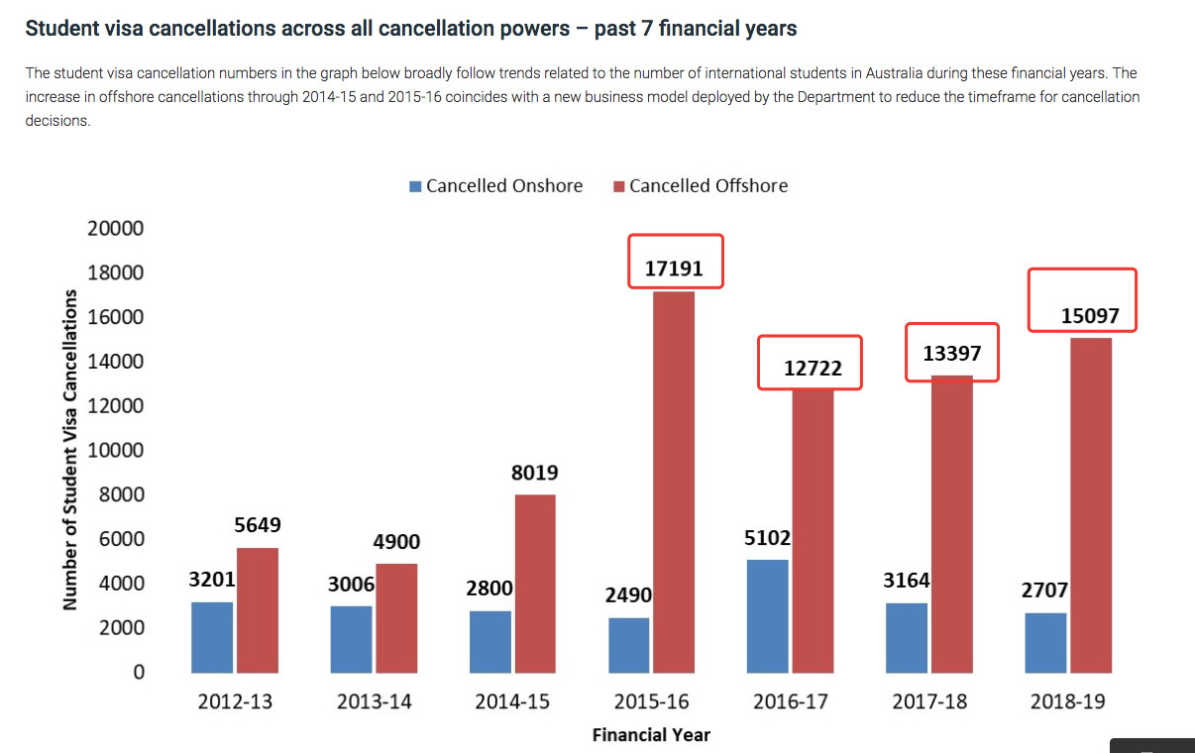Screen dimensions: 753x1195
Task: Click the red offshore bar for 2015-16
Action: (674, 482)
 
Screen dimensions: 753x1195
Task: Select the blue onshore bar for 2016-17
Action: (768, 615)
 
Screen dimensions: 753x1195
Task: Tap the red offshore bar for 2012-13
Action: (258, 609)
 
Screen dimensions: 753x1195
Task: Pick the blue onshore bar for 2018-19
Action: (1045, 642)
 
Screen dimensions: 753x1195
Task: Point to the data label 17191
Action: (676, 268)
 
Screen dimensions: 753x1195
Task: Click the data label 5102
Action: (768, 538)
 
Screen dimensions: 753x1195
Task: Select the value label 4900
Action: (396, 542)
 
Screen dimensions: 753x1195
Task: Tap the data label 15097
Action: (1090, 317)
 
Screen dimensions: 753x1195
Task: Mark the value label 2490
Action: (629, 595)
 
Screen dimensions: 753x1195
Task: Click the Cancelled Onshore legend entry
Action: (496, 186)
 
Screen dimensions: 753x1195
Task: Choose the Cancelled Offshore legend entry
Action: (701, 186)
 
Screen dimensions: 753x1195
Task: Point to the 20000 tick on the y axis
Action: (117, 229)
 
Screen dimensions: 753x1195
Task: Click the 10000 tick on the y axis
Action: (117, 451)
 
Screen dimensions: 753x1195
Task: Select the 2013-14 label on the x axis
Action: (375, 702)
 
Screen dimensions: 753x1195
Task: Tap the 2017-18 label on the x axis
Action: (929, 702)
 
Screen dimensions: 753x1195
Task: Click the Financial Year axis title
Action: (651, 735)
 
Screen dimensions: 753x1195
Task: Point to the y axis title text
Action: (70, 451)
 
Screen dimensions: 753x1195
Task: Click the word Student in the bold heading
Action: (58, 28)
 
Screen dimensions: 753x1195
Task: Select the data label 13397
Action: (952, 353)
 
